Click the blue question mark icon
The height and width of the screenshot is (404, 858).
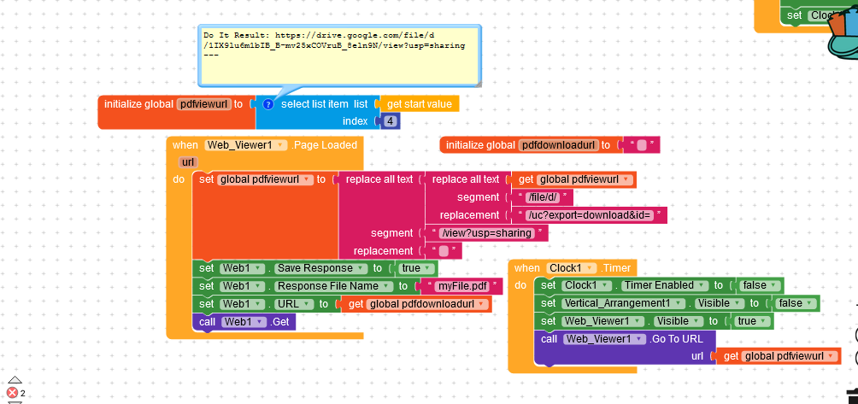point(267,104)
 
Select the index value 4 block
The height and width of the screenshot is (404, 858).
point(391,121)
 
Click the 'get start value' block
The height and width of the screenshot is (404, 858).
point(419,104)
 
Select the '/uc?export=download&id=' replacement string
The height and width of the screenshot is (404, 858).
point(591,215)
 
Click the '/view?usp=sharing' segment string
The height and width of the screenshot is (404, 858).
point(486,233)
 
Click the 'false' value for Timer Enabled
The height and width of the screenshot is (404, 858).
point(757,285)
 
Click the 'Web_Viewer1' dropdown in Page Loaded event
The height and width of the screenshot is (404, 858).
point(244,145)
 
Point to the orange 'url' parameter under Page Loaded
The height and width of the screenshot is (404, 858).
point(188,162)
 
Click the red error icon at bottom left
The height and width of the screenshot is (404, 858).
point(12,392)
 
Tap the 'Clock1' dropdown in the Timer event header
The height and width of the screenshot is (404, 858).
point(570,268)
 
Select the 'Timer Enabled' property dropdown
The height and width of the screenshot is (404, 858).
point(665,285)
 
